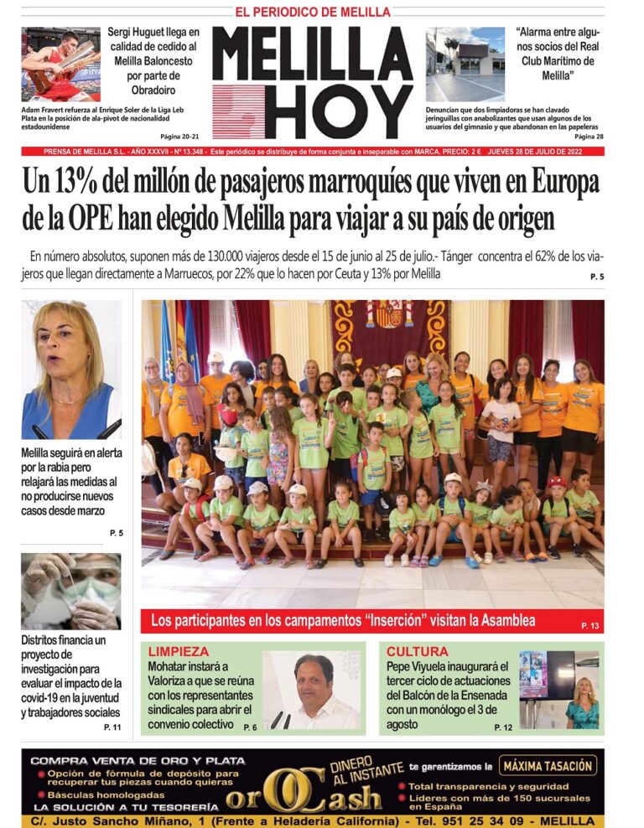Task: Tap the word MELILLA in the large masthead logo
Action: coord(312,55)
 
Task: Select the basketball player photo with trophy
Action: coord(60,65)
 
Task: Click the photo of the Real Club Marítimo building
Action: coord(465,65)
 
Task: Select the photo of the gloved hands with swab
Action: coord(71,591)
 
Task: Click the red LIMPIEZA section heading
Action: coord(178,651)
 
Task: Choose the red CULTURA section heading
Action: coord(418,651)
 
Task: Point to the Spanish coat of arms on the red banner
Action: coord(388,314)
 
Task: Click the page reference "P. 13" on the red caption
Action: coord(590,625)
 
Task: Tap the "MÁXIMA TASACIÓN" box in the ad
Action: coord(548,765)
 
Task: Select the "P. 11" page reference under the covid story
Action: coord(112,727)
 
